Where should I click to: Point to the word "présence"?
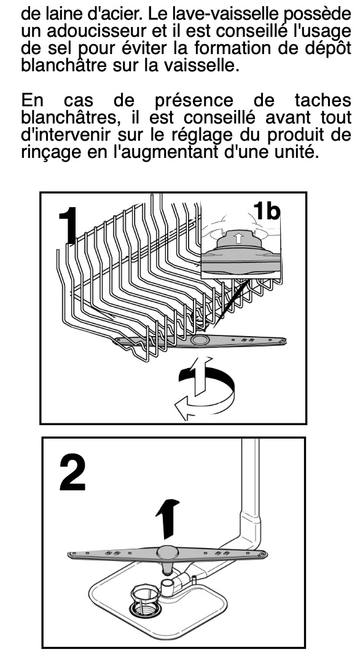194,101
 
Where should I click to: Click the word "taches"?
323,101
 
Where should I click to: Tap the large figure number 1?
68,226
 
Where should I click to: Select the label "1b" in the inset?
266,211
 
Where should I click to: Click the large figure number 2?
72,473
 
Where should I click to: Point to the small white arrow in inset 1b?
238,238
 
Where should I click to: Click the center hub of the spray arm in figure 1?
198,340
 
